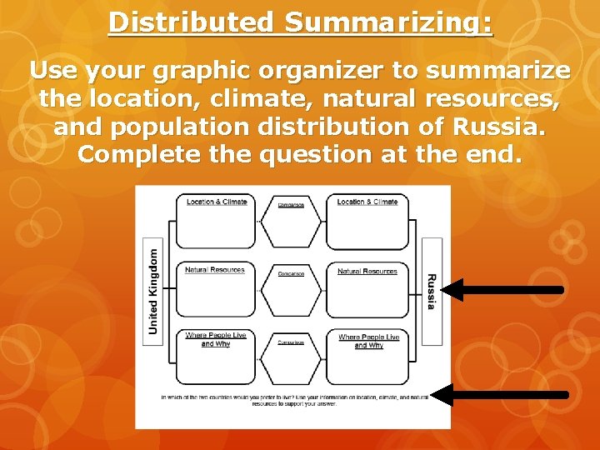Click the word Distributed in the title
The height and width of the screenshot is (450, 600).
(191, 22)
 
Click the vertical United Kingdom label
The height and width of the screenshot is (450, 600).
(152, 287)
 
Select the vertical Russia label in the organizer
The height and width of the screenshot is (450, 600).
(431, 291)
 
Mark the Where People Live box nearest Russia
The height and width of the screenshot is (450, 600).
(367, 356)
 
